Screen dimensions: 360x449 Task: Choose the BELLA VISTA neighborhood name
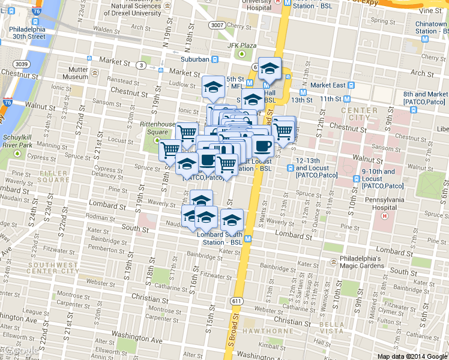pyautogui.click(x=332, y=328)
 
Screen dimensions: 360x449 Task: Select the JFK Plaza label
pyautogui.click(x=241, y=46)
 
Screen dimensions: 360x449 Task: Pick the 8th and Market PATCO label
pyautogui.click(x=425, y=98)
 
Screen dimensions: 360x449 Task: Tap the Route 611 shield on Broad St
pyautogui.click(x=236, y=301)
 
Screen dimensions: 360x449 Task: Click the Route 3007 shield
pyautogui.click(x=217, y=25)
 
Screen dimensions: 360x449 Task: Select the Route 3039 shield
pyautogui.click(x=22, y=64)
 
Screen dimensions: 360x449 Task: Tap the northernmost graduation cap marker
pyautogui.click(x=270, y=69)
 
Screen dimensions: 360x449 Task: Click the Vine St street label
pyautogui.click(x=430, y=11)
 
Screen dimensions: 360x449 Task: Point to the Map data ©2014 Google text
pyautogui.click(x=412, y=356)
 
